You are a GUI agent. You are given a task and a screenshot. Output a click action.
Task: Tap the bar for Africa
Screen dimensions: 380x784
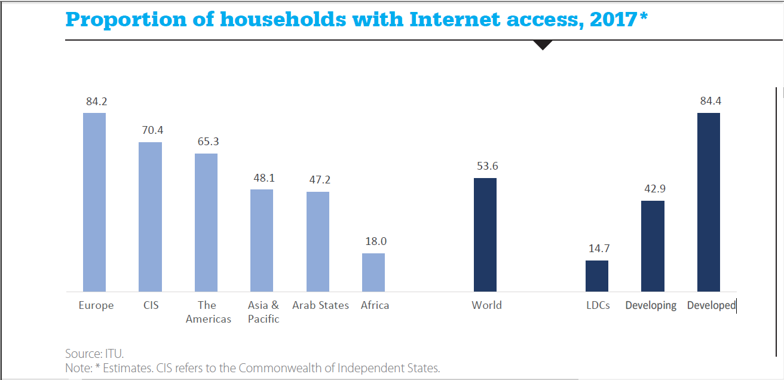[x=373, y=272]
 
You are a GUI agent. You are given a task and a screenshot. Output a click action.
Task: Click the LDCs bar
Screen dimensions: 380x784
[x=597, y=275]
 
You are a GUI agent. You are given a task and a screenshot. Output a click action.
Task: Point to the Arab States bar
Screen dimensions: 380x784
[x=318, y=241]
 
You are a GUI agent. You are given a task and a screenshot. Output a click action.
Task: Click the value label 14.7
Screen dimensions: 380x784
[x=599, y=249]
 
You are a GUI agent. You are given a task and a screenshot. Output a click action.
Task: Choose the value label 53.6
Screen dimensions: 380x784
[x=487, y=166]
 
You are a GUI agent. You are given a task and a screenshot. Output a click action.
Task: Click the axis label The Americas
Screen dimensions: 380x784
[x=208, y=312]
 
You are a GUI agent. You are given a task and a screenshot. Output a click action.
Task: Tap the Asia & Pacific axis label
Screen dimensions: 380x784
[x=264, y=312]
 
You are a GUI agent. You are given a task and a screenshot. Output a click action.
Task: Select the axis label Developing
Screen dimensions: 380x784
[x=651, y=305]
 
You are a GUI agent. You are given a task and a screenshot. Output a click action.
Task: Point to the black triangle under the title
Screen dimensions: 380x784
[x=543, y=45]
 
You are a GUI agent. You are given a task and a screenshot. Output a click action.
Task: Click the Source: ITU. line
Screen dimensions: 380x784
[x=94, y=354]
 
